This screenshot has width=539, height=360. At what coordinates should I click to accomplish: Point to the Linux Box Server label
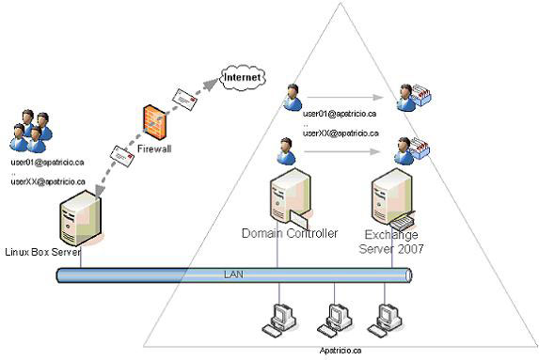[41, 252]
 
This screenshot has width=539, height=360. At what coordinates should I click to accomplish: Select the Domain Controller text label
[289, 233]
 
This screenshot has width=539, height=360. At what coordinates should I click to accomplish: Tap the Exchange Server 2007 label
[392, 241]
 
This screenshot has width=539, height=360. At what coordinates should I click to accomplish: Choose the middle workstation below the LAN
[335, 319]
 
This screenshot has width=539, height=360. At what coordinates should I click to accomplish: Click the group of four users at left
[30, 132]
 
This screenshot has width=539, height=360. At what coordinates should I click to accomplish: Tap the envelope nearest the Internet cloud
[184, 96]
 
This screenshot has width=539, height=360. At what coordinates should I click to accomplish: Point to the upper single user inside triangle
[291, 98]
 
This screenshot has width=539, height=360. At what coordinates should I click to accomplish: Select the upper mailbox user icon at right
[412, 98]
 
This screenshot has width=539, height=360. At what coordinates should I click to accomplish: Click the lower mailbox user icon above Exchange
[412, 150]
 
